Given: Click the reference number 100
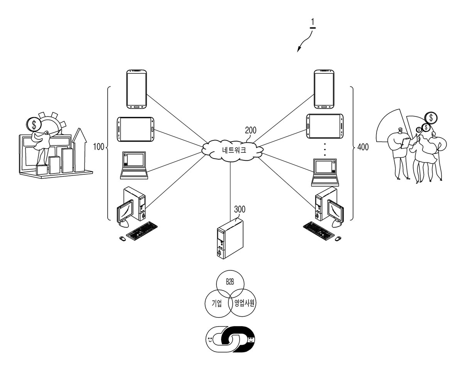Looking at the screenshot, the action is point(98,147).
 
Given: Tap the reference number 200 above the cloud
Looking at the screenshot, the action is point(251,130).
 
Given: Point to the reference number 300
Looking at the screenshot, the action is point(240,209).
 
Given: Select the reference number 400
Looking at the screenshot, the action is point(363,147).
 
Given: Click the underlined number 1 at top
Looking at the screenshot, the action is point(313,23).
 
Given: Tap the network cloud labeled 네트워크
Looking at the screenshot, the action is point(233,150).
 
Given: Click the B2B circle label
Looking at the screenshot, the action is point(230,282).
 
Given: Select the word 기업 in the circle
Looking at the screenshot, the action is point(217,303).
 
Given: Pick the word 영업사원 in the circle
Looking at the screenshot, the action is point(245,303).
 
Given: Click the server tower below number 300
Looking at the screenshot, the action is point(230,238).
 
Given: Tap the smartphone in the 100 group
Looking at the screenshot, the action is point(137,89).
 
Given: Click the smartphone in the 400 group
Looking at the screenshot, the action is point(324,89).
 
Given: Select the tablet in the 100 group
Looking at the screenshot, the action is point(135,129).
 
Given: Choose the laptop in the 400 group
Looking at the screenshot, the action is point(325,172).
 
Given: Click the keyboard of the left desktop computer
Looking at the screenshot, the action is point(142,231).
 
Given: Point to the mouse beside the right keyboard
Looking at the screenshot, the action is point(338,238).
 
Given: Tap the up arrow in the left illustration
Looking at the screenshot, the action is point(79,150).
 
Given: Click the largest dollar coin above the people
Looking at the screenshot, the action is point(431,118).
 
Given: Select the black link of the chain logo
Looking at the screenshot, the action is point(238,339).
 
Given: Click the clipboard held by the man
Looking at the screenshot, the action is point(405,143).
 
